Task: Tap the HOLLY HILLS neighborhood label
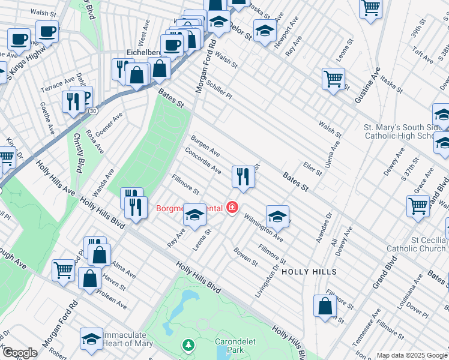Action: (309, 272)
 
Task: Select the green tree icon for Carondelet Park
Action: (188, 345)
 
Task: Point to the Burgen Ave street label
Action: (206, 145)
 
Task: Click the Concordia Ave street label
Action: (203, 160)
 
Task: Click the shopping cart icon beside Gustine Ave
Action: (333, 78)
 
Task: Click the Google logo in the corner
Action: (19, 353)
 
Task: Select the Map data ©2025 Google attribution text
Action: (411, 355)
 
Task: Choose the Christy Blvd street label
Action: (79, 151)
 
